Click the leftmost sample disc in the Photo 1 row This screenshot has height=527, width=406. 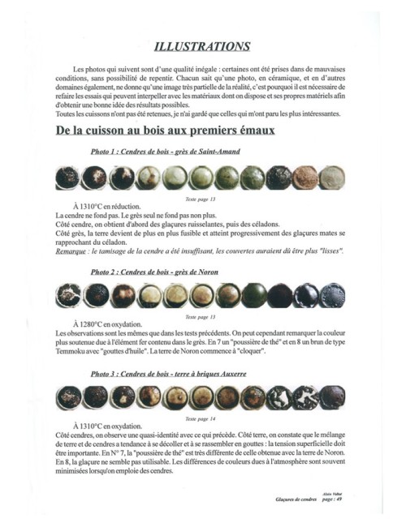point(67,178)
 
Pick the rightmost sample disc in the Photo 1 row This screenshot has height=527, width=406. point(331,178)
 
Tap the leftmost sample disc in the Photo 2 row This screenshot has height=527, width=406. point(66,296)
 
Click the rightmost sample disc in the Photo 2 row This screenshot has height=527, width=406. point(331,296)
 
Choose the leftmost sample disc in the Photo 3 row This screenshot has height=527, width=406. point(66,397)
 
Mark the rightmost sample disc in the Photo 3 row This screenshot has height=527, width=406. point(331,397)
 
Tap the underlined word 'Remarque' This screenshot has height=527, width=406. point(75,251)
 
